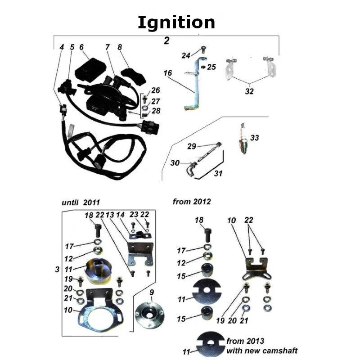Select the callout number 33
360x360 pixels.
point(255,138)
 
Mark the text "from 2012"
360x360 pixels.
point(192,202)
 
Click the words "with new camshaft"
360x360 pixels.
point(262,350)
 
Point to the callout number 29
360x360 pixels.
point(192,146)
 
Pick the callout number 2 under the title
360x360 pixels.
point(166,41)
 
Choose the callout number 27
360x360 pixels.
point(155,101)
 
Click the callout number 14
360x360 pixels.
point(120,216)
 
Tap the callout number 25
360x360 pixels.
point(211,67)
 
